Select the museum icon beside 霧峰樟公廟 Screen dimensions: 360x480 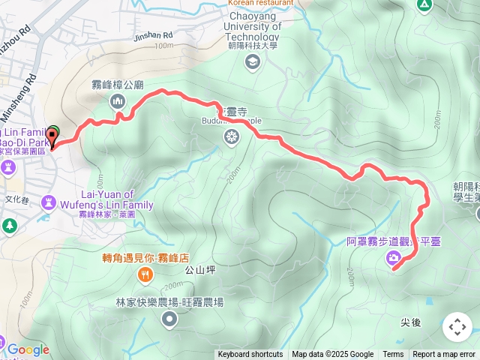116,101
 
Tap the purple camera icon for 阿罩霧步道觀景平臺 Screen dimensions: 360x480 394,259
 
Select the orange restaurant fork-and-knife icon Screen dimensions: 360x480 144,275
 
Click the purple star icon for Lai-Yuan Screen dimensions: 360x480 49,201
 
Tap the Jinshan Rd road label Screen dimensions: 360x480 153,35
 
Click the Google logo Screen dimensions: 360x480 28,349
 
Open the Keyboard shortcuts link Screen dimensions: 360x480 250,355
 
